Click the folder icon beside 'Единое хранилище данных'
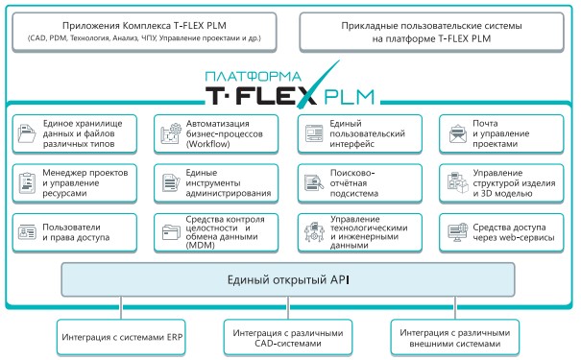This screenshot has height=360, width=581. click(x=26, y=135)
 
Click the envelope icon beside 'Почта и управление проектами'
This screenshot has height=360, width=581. click(x=455, y=134)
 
